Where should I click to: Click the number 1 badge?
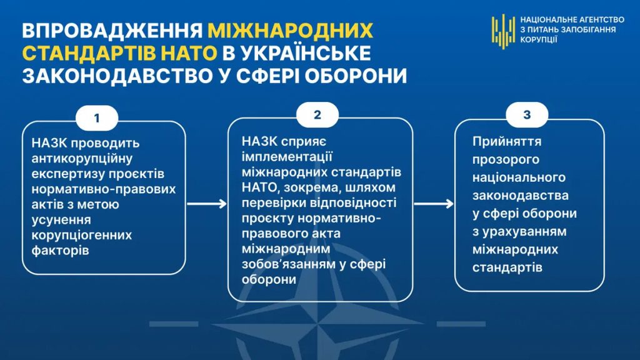(x=97, y=118)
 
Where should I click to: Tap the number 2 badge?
(x=317, y=115)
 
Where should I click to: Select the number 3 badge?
(x=527, y=115)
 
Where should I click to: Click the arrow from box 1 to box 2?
(x=207, y=204)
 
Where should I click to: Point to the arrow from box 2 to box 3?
(x=434, y=204)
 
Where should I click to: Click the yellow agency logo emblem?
(x=503, y=31)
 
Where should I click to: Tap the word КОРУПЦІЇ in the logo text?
(x=538, y=39)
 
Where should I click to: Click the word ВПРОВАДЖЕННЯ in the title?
(x=112, y=30)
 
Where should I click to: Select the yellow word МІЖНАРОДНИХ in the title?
(x=291, y=30)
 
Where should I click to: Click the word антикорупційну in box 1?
(x=82, y=158)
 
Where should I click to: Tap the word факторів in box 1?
(x=60, y=250)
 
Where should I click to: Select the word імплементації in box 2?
(x=287, y=157)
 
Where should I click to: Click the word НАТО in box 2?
(x=261, y=187)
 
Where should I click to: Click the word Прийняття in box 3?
(x=507, y=142)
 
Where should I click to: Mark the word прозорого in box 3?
(x=506, y=159)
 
